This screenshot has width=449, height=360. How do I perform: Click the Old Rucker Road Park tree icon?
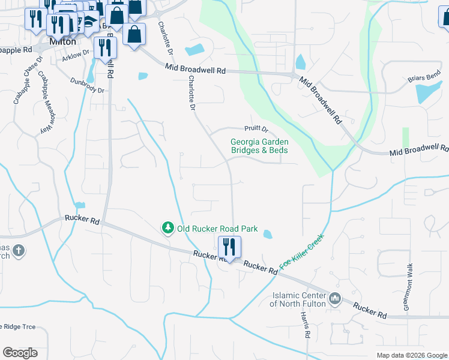coord(167,229)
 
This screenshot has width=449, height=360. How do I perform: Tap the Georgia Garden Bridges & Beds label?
coord(259,146)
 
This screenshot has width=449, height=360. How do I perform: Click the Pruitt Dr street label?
coord(255,128)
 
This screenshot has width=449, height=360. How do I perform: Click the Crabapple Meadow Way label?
coord(46,102)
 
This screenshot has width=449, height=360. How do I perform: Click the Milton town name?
coord(63,42)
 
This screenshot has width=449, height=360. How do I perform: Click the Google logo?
coord(20,353)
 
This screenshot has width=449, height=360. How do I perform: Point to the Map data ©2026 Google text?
coord(411,355)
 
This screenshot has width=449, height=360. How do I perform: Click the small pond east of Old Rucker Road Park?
coord(267,235)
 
